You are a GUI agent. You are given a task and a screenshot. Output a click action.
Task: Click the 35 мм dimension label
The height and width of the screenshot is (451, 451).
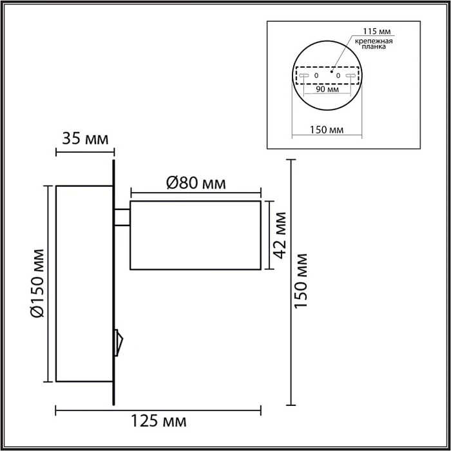click(84, 139)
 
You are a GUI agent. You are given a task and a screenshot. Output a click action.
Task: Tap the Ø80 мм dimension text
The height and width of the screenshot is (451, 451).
click(196, 182)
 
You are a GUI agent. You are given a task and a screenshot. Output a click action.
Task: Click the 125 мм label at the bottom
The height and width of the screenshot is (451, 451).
click(158, 422)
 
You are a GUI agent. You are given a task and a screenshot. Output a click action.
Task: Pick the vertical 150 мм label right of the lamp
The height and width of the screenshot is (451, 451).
click(300, 280)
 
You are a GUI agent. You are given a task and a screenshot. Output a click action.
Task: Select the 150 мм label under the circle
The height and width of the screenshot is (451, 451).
click(327, 130)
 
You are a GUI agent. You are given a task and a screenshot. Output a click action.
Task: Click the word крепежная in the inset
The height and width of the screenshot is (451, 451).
click(371, 41)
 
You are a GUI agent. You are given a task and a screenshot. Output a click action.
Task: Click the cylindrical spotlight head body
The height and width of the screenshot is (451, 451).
click(195, 235)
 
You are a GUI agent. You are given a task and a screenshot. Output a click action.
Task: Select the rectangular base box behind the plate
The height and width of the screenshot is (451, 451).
click(84, 284)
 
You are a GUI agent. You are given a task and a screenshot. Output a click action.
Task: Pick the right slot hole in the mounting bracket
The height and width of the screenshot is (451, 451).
click(351, 76)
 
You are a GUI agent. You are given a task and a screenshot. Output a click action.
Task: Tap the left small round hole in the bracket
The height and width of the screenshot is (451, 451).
click(316, 76)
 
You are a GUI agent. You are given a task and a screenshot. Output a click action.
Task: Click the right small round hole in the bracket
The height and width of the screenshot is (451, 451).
click(338, 76)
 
